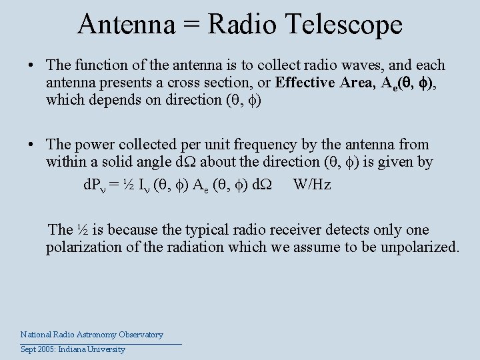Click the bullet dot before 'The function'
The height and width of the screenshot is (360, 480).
tap(31, 66)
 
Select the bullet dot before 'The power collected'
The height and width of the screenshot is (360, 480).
tap(31, 145)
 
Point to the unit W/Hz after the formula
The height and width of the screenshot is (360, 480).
tap(311, 185)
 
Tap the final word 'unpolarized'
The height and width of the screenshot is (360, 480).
tap(421, 248)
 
